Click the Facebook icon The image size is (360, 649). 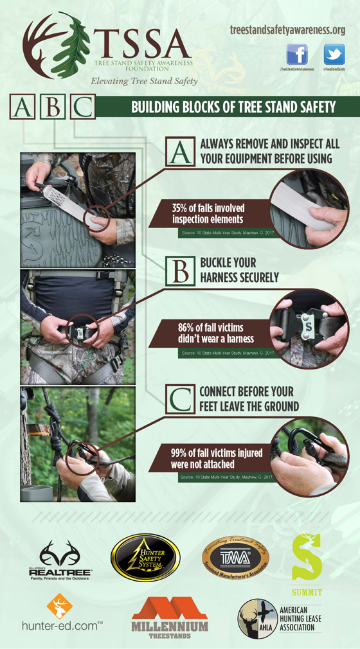pyautogui.click(x=296, y=55)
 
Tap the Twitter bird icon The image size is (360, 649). pyautogui.click(x=334, y=55)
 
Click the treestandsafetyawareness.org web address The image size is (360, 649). pyautogui.click(x=287, y=30)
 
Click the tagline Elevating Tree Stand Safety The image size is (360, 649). pyautogui.click(x=143, y=81)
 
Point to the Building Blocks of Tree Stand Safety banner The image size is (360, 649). pyautogui.click(x=233, y=107)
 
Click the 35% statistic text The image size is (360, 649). pyautogui.click(x=208, y=213)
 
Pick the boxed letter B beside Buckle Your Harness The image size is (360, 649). pyautogui.click(x=180, y=270)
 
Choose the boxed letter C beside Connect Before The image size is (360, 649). pyautogui.click(x=180, y=399)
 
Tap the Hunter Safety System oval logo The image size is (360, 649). pyautogui.click(x=145, y=557)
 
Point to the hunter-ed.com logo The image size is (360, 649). pyautogui.click(x=61, y=614)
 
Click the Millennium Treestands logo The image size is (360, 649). pyautogui.click(x=169, y=617)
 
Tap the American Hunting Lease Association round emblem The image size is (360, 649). pyautogui.click(x=257, y=618)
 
